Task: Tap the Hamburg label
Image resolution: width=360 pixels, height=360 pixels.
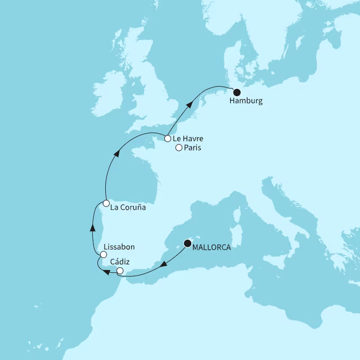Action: coord(246,103)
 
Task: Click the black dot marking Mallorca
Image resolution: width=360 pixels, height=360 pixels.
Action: coord(187,244)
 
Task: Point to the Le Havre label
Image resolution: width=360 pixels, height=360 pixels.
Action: coord(188,138)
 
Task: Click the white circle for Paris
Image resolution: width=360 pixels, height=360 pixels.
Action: coord(179,148)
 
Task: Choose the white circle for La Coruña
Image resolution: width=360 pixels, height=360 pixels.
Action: coord(106,203)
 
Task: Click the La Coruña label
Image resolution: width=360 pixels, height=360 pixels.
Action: coord(128,207)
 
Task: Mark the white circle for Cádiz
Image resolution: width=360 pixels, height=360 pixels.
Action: coord(120,271)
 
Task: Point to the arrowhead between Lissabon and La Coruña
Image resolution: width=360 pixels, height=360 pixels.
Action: coord(92,227)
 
